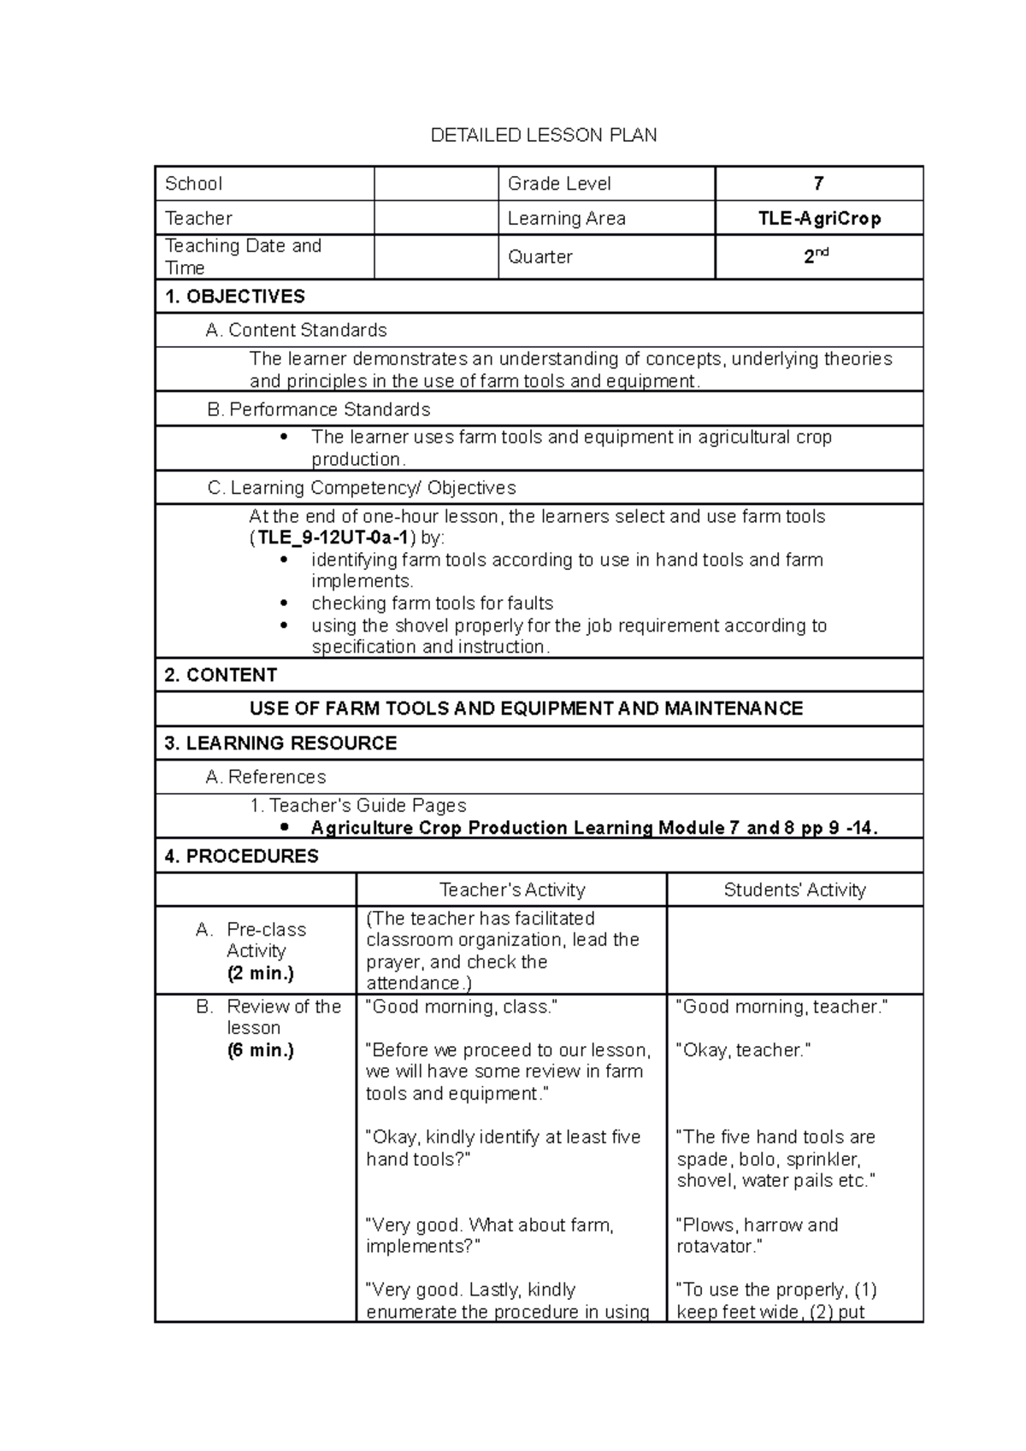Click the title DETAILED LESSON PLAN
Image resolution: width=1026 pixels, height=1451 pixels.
click(x=544, y=135)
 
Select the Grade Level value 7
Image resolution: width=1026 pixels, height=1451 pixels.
click(x=818, y=184)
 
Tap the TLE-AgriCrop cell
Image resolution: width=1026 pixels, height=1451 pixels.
click(x=818, y=219)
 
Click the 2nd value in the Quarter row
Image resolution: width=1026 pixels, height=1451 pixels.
click(x=817, y=256)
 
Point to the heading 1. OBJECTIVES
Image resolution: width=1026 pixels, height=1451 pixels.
click(x=234, y=297)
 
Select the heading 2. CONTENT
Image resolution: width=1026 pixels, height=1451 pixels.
click(x=221, y=675)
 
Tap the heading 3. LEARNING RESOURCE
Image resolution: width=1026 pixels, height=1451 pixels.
click(x=280, y=743)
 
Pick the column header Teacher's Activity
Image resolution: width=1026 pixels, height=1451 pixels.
click(x=511, y=890)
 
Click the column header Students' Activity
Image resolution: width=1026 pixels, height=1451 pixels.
click(x=794, y=890)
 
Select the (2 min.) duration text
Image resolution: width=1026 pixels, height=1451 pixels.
click(x=260, y=973)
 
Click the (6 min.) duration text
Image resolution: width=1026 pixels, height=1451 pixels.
click(x=260, y=1050)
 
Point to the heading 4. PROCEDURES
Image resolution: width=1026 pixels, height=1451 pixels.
click(x=241, y=856)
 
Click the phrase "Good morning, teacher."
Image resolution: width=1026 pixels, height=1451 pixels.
click(x=782, y=1007)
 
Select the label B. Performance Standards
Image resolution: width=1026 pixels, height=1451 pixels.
click(x=318, y=409)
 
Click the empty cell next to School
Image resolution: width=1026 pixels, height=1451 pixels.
click(x=436, y=184)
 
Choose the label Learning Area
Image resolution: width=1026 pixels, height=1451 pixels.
click(x=566, y=219)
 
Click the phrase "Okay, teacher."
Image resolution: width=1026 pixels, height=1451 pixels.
click(x=743, y=1050)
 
